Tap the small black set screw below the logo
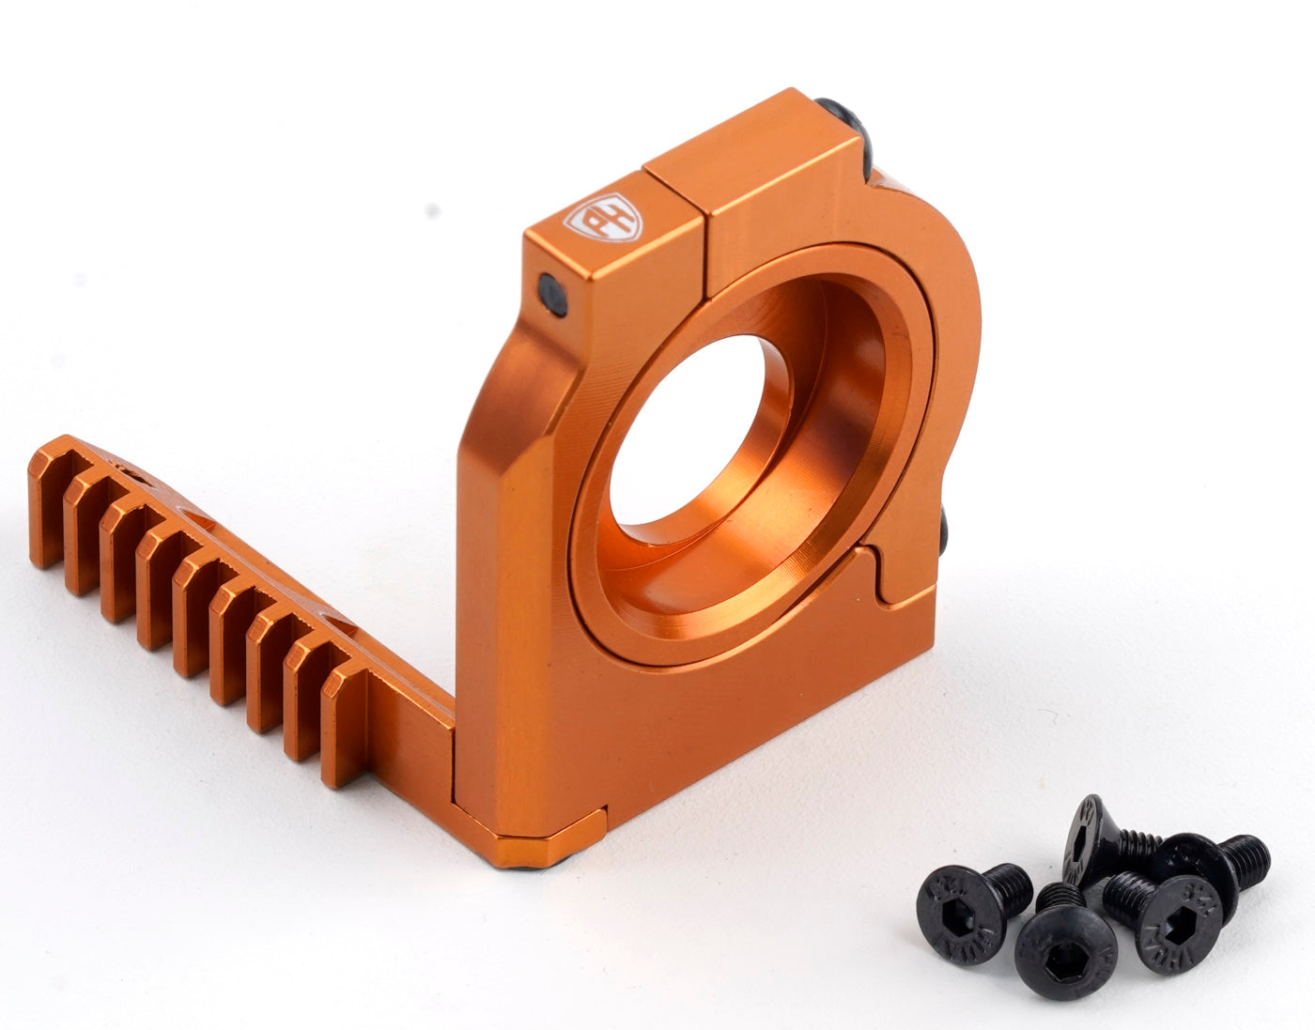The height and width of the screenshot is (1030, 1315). tap(549, 291)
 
